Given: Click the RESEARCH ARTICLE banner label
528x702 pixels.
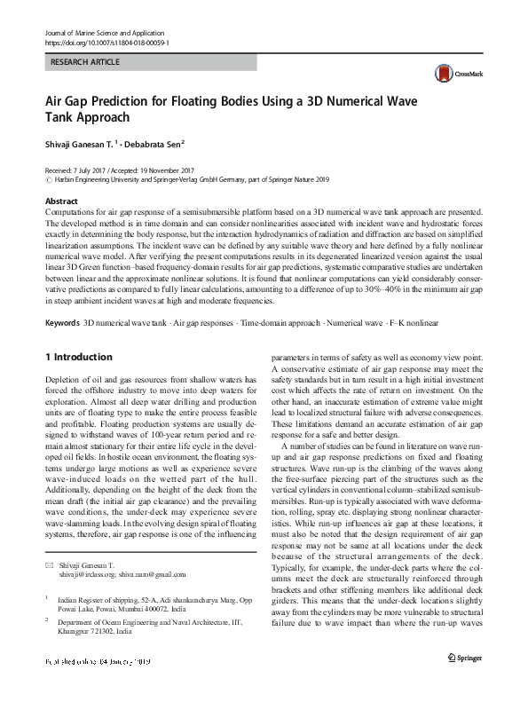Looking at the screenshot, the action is click(x=84, y=62).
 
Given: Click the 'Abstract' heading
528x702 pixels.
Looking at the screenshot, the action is click(x=61, y=202).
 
